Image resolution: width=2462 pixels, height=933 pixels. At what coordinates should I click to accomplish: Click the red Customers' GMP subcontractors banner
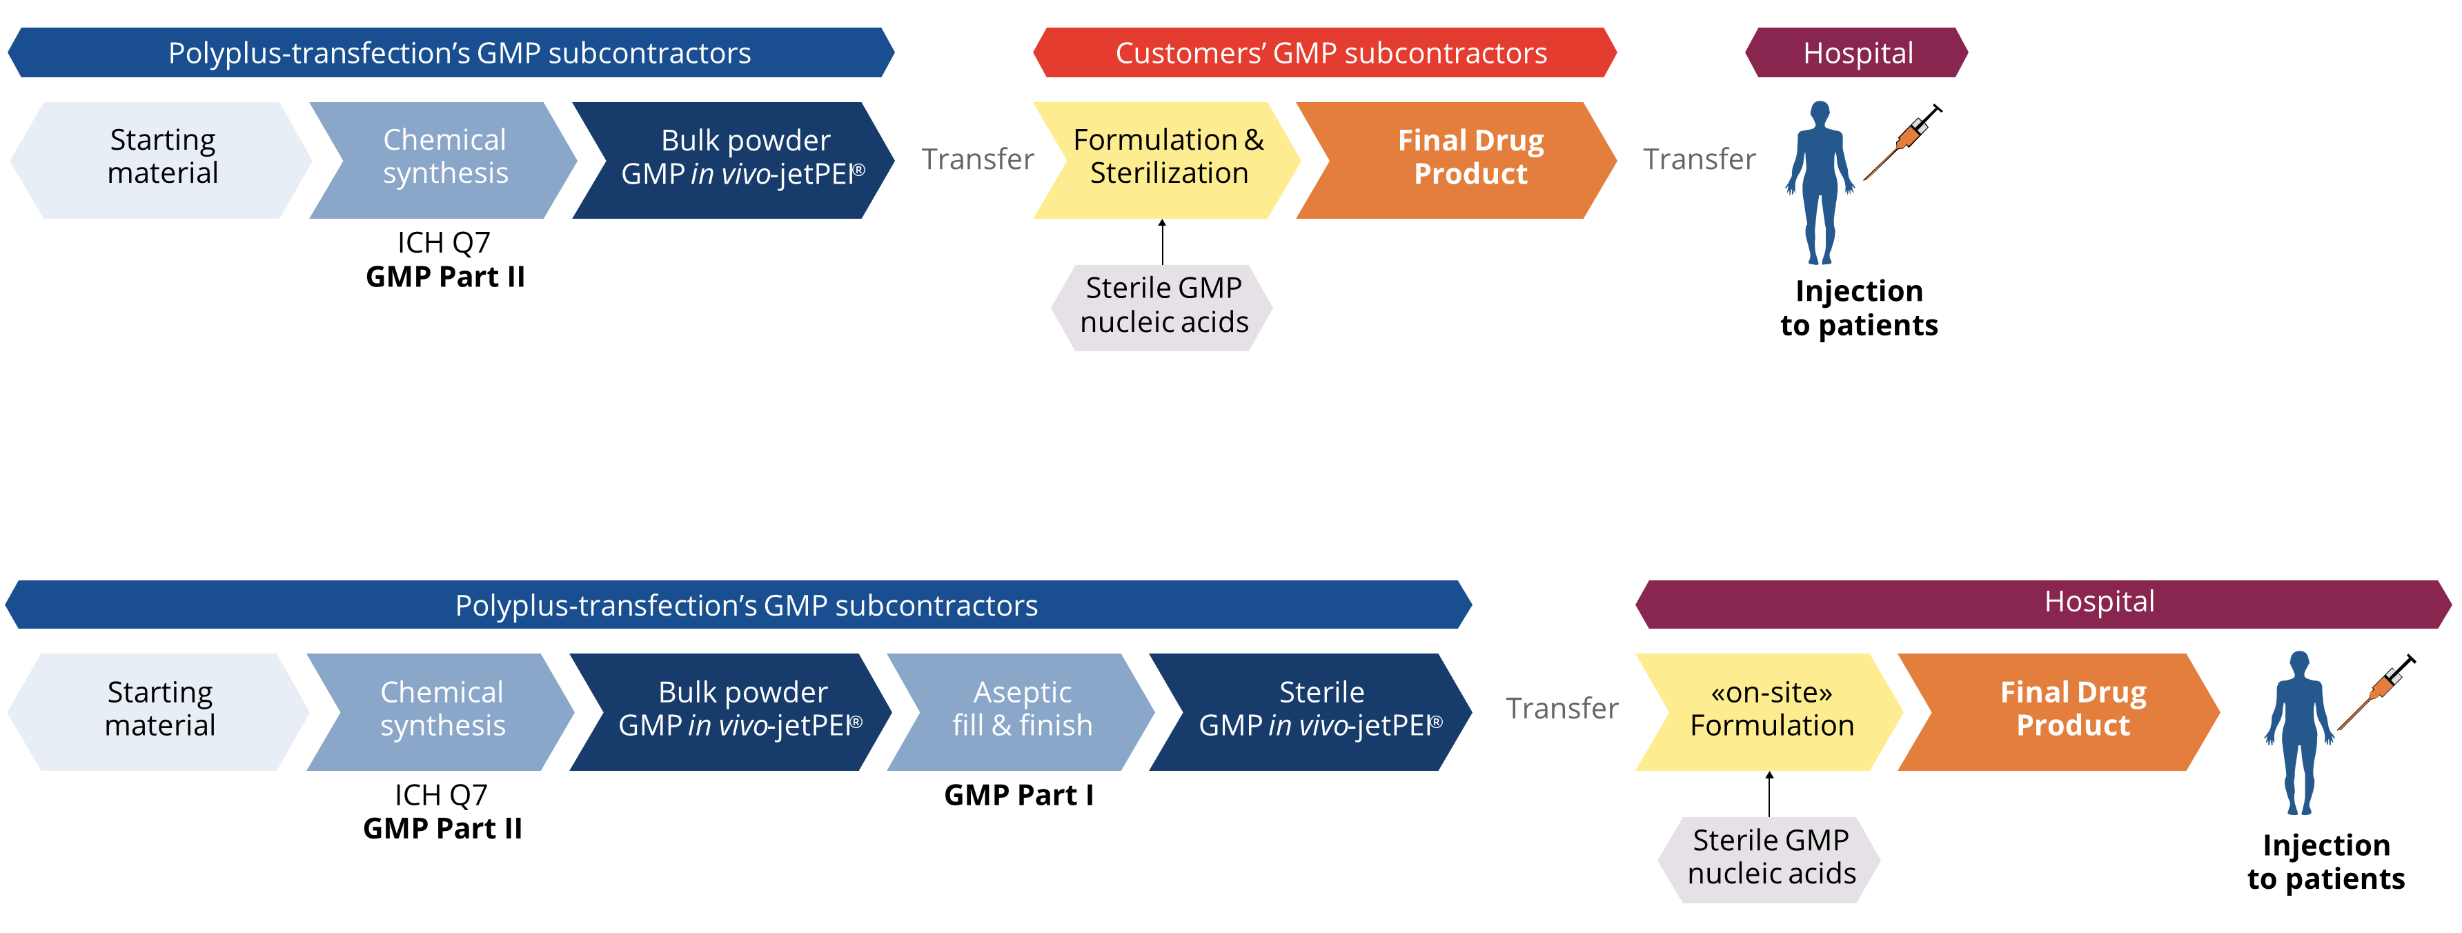pyautogui.click(x=1325, y=52)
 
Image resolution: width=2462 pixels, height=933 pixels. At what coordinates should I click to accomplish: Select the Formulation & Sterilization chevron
pyautogui.click(x=1168, y=158)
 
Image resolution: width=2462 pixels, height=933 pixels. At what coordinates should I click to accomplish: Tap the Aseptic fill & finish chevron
pyautogui.click(x=1021, y=710)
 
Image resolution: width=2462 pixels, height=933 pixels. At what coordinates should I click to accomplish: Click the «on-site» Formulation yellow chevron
pyautogui.click(x=1770, y=710)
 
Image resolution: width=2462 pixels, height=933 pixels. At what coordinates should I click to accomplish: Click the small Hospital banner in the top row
pyautogui.click(x=1857, y=52)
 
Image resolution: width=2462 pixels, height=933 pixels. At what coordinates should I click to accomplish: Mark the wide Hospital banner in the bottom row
pyautogui.click(x=2043, y=603)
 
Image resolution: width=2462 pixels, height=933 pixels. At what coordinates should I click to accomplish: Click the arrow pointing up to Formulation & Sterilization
pyautogui.click(x=1162, y=242)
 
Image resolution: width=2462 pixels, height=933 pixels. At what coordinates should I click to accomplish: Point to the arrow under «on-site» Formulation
pyautogui.click(x=1769, y=794)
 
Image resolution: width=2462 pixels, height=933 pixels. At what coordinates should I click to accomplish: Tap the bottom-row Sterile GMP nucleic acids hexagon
pyautogui.click(x=1770, y=858)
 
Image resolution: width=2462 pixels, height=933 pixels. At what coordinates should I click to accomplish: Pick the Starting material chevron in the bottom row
pyautogui.click(x=159, y=710)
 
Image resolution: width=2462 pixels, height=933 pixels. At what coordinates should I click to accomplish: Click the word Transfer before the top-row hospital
pyautogui.click(x=1698, y=159)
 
